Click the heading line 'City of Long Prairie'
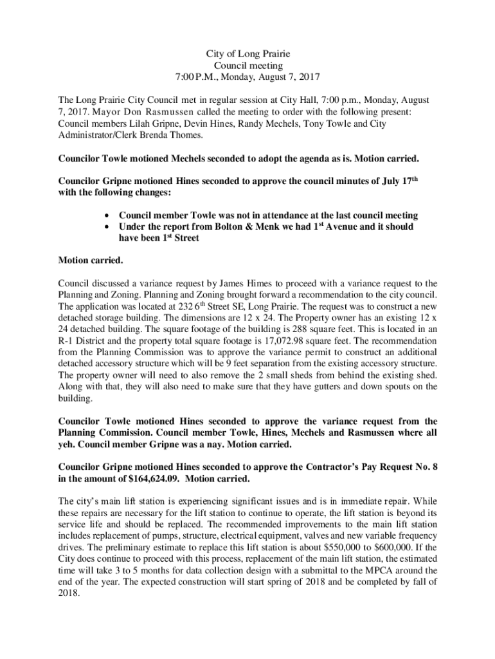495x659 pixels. click(x=248, y=54)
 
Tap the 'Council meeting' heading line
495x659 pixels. click(x=248, y=66)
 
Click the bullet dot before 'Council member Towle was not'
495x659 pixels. click(x=106, y=216)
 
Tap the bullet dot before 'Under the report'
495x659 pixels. click(x=106, y=227)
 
